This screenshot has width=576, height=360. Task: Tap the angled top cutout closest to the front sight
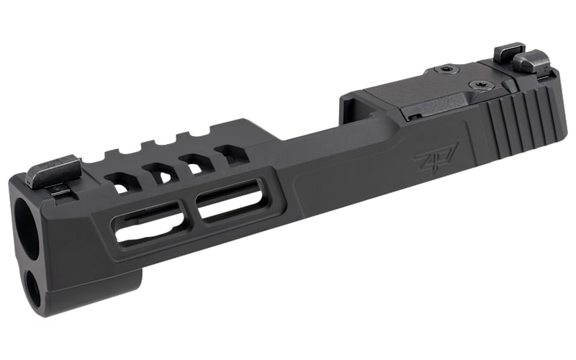[120, 183]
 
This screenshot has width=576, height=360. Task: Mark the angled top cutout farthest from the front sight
[231, 153]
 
